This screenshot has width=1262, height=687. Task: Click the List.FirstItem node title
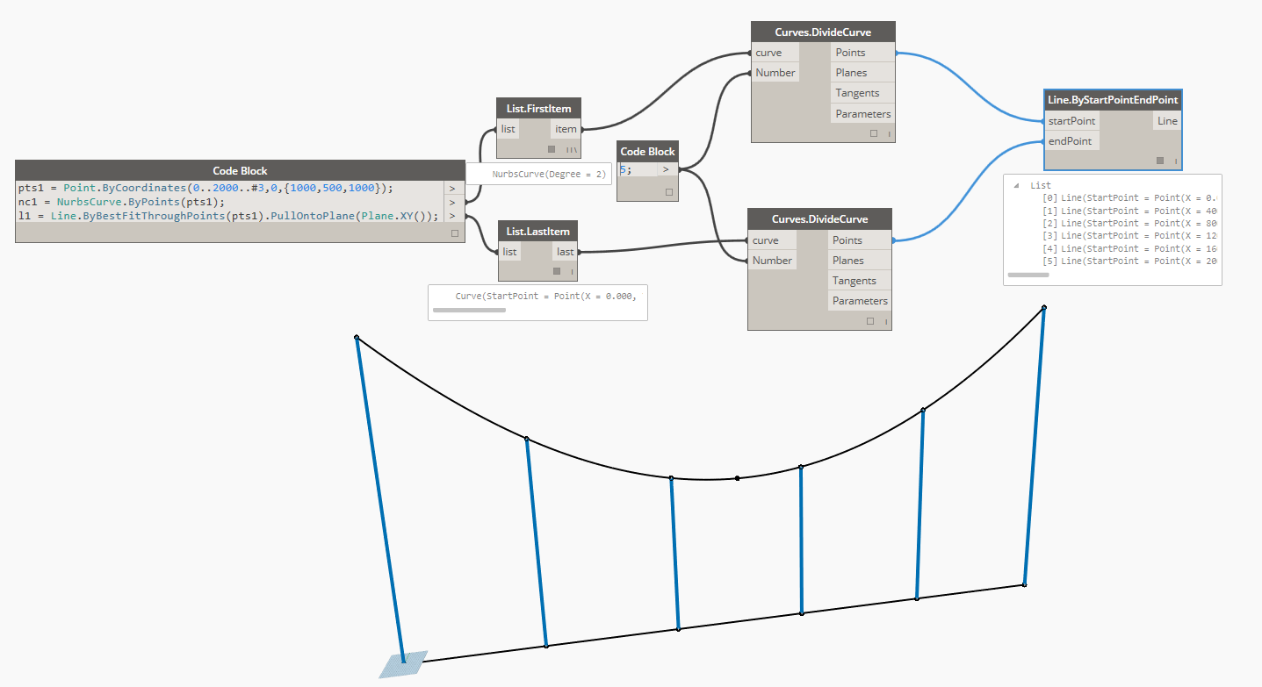[x=539, y=109]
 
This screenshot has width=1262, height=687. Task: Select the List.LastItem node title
[x=538, y=232]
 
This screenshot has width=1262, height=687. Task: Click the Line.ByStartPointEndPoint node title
[x=1113, y=100]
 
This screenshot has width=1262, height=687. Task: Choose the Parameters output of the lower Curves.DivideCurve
[x=860, y=301]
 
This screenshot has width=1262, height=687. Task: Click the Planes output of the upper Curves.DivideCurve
[x=851, y=73]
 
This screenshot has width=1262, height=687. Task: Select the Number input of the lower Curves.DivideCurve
[x=772, y=261]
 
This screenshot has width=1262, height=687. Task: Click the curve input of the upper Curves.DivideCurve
[x=768, y=53]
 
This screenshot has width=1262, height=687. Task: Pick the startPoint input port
[x=1071, y=121]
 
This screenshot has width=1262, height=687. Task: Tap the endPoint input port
[x=1070, y=141]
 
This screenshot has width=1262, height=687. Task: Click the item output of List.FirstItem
[x=566, y=129]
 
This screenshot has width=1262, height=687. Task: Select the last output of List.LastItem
[x=565, y=252]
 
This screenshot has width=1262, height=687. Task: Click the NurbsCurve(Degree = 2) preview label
[x=549, y=174]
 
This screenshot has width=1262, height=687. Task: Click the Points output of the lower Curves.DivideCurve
[x=847, y=240]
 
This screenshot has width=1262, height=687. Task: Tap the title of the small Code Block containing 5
[x=648, y=152]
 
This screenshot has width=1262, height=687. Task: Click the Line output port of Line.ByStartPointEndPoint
[x=1167, y=121]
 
